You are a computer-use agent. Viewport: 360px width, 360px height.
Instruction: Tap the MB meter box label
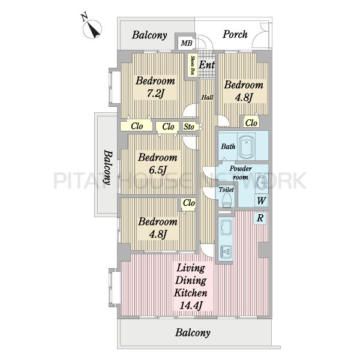pos(187,43)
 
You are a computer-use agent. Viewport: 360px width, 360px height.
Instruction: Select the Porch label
pos(235,34)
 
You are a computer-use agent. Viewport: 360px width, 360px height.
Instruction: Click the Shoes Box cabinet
pos(193,65)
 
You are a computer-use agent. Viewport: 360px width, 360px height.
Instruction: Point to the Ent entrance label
pos(206,65)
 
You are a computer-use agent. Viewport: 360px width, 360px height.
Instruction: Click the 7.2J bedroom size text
pos(155,94)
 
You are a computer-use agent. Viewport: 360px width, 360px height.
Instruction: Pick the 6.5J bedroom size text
pos(157,170)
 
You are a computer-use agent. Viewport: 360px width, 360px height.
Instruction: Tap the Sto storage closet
pos(189,127)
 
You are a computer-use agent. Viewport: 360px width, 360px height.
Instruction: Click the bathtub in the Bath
pos(247,146)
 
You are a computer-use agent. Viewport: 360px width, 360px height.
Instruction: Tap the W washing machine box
pos(262,200)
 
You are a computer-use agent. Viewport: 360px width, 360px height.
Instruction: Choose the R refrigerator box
pos(260,218)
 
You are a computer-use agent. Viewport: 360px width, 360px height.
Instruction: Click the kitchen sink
pos(226,227)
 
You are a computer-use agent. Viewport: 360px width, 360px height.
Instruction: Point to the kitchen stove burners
pos(226,252)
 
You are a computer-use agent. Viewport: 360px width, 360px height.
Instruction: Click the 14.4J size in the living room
pos(191,306)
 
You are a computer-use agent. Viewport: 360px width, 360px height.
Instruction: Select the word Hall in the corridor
pos(208,97)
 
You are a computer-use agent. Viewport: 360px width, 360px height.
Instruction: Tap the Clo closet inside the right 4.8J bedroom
pos(251,122)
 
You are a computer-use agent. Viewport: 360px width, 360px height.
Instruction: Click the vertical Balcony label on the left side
pos(108,167)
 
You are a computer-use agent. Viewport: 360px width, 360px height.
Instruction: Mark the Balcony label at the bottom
pos(193,332)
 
